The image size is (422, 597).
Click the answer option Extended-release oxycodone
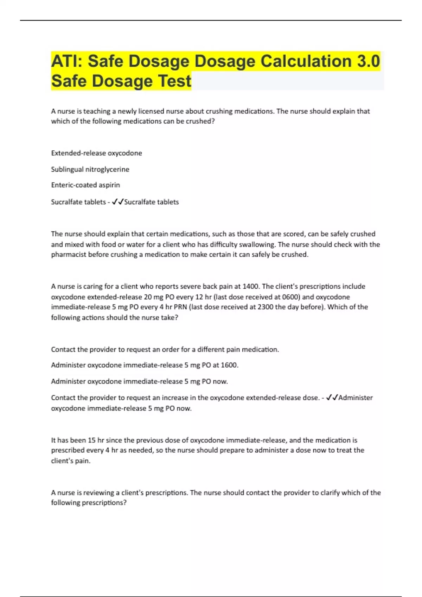click(96, 153)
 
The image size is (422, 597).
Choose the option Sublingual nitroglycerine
click(90, 169)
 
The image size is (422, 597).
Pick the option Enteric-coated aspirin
click(85, 185)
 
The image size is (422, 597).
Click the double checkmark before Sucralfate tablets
click(117, 202)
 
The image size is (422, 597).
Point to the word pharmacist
click(69, 255)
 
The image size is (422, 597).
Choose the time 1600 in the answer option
click(229, 365)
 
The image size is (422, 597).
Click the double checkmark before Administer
click(332, 398)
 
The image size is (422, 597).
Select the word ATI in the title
click(66, 61)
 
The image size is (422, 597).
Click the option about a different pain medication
click(165, 349)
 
